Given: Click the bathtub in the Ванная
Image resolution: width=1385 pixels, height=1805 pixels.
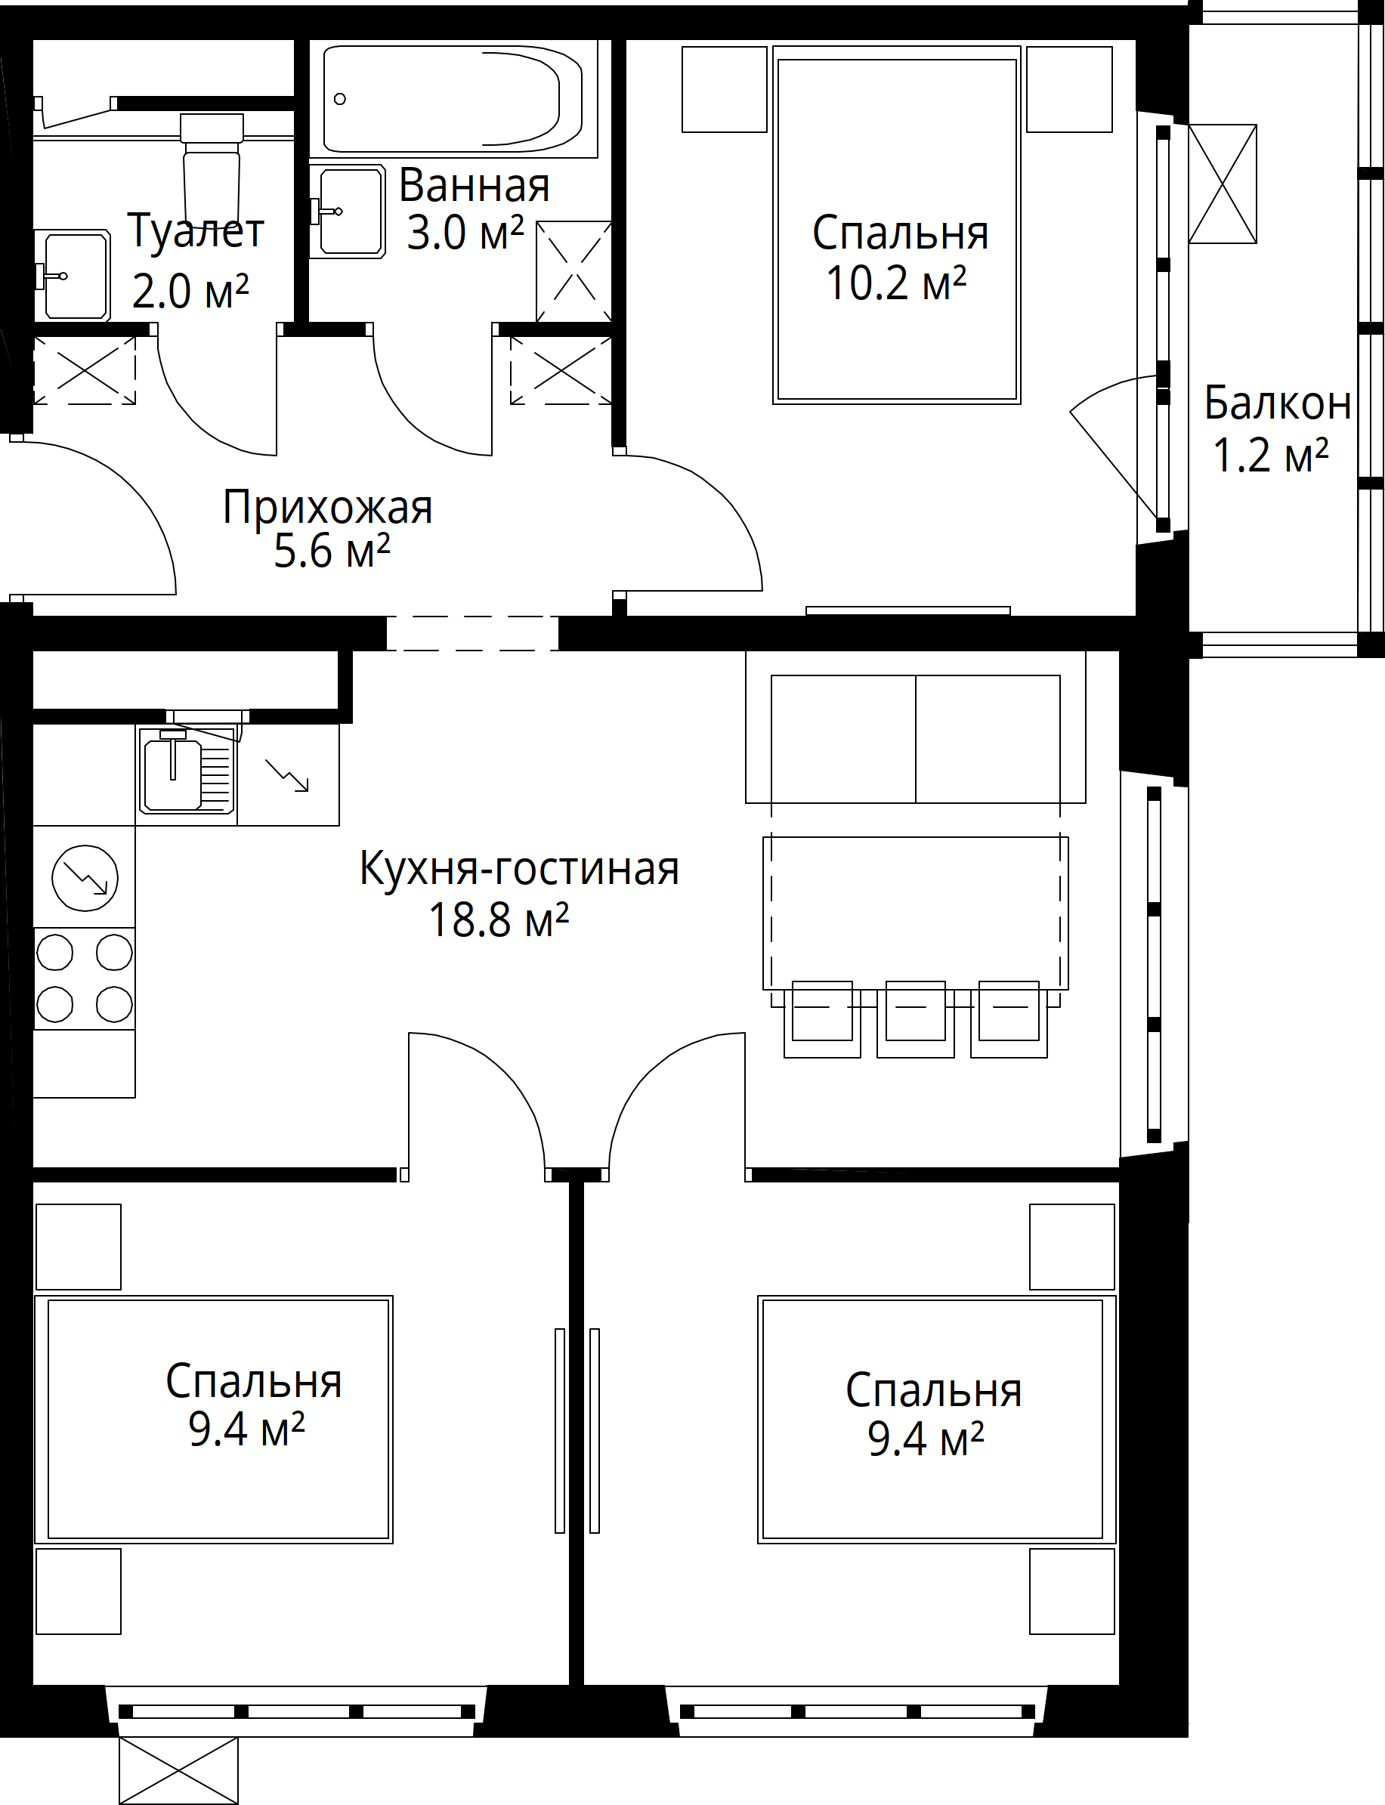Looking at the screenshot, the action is pyautogui.click(x=453, y=99).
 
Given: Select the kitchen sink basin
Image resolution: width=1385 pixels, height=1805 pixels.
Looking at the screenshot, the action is pyautogui.click(x=172, y=774).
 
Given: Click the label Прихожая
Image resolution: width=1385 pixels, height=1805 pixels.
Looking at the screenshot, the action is pyautogui.click(x=327, y=507).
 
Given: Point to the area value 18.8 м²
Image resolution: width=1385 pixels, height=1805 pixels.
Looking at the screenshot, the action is pyautogui.click(x=499, y=919).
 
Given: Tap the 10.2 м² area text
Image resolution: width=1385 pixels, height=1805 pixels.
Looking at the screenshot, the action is pyautogui.click(x=896, y=283).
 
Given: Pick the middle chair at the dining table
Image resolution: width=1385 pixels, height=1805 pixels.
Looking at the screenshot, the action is pyautogui.click(x=915, y=1018).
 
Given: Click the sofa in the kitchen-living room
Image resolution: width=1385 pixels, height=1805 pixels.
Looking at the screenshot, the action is pyautogui.click(x=915, y=726).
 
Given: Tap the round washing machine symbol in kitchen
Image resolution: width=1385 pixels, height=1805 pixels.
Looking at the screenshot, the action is pyautogui.click(x=85, y=878).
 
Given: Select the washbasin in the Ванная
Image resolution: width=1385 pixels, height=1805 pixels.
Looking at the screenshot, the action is pyautogui.click(x=349, y=211).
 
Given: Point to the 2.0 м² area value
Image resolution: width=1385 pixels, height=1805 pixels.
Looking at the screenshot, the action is pyautogui.click(x=190, y=291).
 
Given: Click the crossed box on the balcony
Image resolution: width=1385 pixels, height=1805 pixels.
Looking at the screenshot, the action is pyautogui.click(x=1223, y=184).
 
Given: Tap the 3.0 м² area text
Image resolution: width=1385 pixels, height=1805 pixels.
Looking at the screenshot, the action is pyautogui.click(x=465, y=233).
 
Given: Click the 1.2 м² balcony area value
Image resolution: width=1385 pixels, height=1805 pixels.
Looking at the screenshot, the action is pyautogui.click(x=1271, y=454).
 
